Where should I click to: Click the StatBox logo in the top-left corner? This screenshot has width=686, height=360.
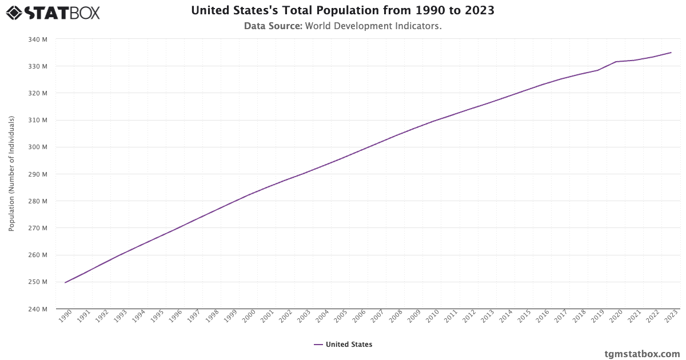[x=53, y=12]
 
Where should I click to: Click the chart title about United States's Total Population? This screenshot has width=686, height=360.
[x=342, y=10]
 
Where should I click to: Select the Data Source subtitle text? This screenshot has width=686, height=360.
[x=342, y=26]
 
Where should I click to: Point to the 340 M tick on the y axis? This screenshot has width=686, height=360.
[x=38, y=39]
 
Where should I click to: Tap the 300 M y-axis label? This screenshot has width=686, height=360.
[x=38, y=147]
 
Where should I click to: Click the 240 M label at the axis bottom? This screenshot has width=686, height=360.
[x=38, y=309]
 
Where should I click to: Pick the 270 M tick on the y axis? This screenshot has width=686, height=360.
[x=38, y=228]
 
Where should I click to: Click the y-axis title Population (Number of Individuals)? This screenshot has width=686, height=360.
[x=11, y=174]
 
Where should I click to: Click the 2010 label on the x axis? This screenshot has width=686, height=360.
[x=432, y=318]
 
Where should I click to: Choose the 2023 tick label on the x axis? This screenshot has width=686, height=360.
[x=670, y=318]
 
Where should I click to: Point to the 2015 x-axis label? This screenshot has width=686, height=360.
[x=523, y=318]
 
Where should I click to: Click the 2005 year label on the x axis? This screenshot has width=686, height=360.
[x=340, y=318]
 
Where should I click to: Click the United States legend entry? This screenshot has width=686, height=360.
[x=343, y=345]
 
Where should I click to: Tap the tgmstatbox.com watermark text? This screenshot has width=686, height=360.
[x=642, y=354]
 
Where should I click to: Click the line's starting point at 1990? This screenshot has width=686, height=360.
[x=65, y=282]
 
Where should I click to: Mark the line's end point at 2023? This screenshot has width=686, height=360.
[x=671, y=53]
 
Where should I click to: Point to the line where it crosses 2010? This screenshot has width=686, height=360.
[x=433, y=121]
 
